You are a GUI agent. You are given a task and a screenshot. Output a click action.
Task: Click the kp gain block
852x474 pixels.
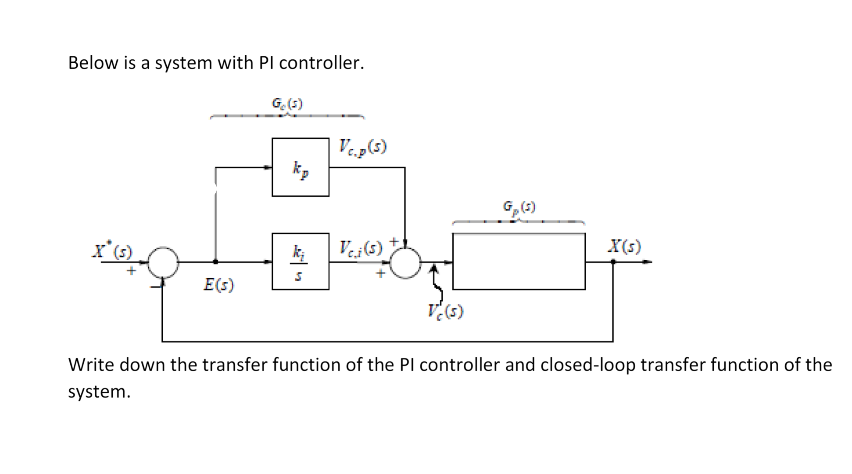(x=301, y=167)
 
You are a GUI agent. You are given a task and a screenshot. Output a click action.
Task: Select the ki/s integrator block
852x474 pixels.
(x=301, y=262)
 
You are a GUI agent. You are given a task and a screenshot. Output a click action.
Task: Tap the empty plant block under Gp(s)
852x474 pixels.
(x=519, y=262)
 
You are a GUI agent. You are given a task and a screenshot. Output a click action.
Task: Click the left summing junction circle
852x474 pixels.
(x=163, y=262)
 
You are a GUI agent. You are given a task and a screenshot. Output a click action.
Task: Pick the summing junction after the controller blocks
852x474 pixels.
(x=405, y=262)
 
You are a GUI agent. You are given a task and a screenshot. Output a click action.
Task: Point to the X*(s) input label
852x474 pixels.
(x=112, y=249)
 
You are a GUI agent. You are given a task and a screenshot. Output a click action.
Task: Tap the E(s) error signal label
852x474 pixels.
(x=218, y=285)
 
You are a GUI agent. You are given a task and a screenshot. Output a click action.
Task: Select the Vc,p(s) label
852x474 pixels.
(x=362, y=147)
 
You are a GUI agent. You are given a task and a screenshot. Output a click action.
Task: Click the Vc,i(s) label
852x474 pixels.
(x=361, y=248)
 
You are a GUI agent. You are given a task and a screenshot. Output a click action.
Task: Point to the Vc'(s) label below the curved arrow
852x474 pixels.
(x=445, y=312)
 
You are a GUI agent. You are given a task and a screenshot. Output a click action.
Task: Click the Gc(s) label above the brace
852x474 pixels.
(x=287, y=104)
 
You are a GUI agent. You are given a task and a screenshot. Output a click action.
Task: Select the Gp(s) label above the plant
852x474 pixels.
(x=519, y=206)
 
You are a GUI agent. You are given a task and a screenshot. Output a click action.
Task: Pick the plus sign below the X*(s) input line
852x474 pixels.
(x=131, y=271)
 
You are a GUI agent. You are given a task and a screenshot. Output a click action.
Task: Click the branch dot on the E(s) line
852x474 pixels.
(x=215, y=262)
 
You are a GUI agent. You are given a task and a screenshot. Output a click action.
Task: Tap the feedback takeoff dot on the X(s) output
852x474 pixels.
(x=613, y=262)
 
